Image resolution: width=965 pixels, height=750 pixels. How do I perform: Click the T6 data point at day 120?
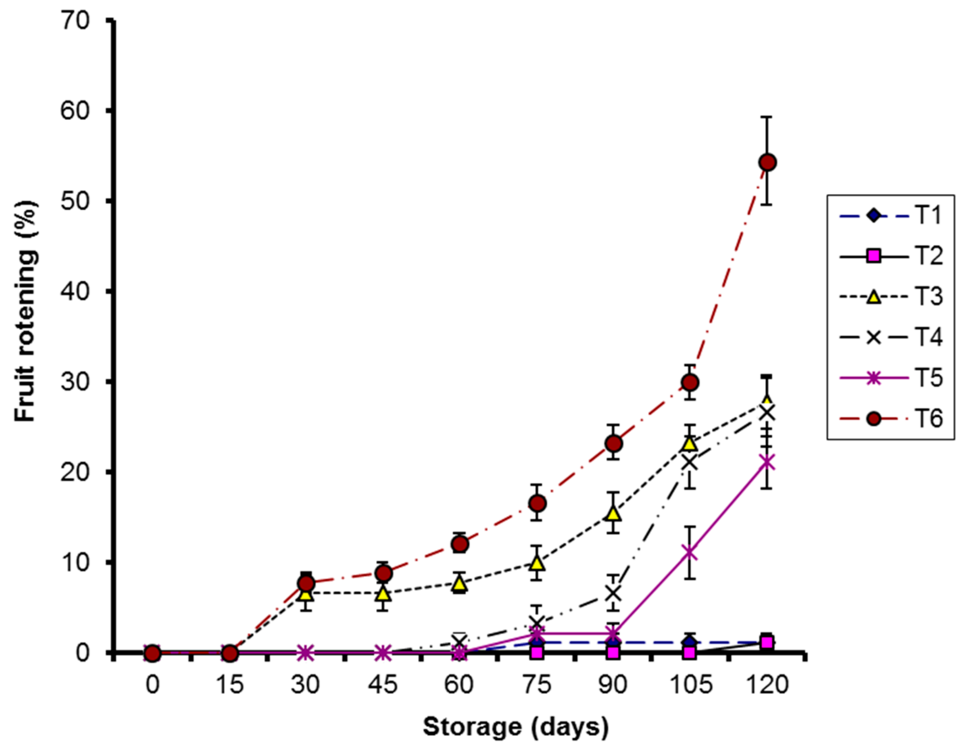767,163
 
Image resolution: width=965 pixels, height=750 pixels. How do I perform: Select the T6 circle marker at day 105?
690,382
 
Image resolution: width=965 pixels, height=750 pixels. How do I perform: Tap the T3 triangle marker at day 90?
613,514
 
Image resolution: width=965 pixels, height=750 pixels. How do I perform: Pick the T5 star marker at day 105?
690,553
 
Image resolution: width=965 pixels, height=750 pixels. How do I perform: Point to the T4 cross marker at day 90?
613,593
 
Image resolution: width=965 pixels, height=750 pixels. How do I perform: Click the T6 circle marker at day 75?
537,503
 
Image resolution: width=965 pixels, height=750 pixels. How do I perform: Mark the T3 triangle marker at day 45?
383,594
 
